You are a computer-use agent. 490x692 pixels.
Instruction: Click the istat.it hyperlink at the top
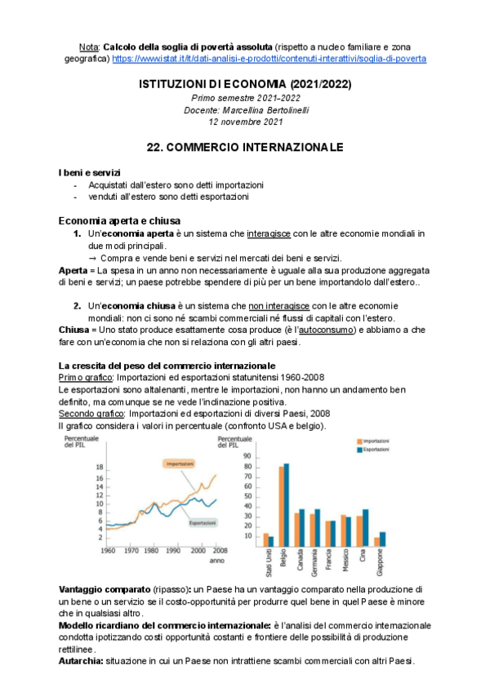pyautogui.click(x=269, y=60)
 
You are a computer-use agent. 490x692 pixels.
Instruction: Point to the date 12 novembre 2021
pyautogui.click(x=245, y=122)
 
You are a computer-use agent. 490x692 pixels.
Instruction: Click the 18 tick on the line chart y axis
pyautogui.click(x=100, y=468)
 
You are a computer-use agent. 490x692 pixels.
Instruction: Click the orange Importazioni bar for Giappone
pyautogui.click(x=377, y=541)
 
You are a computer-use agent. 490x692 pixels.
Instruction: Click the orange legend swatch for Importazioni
pyautogui.click(x=359, y=441)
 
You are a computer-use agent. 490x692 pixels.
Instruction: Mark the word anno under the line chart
pyautogui.click(x=216, y=561)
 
